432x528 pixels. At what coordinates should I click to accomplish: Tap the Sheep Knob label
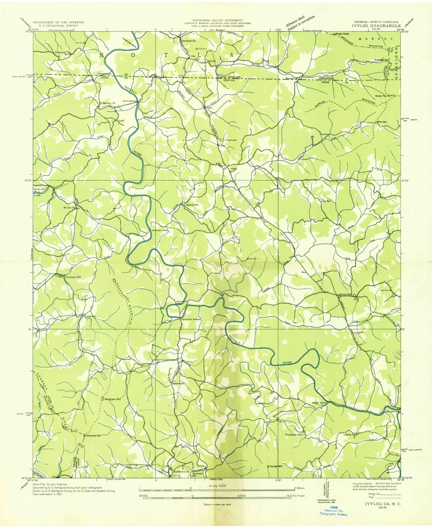342,34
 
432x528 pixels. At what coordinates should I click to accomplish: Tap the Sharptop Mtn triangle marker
85,435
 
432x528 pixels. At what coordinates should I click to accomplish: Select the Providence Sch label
295,435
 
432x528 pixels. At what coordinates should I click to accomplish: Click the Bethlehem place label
179,383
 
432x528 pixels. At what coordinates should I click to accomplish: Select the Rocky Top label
381,96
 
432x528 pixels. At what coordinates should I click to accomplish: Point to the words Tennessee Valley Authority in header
217,20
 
